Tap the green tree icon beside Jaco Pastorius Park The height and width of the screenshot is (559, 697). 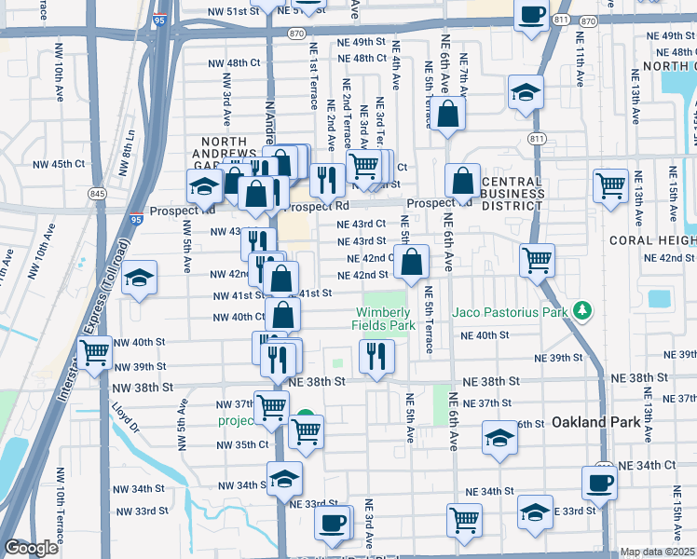point(582,309)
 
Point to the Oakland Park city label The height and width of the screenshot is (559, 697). point(596,422)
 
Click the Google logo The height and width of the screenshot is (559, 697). point(31,548)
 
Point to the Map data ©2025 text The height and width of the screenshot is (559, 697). point(656,552)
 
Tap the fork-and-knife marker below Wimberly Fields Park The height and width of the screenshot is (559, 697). point(376,355)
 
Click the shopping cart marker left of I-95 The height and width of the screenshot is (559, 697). point(94,352)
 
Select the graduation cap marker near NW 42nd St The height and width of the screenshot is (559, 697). point(139,278)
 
